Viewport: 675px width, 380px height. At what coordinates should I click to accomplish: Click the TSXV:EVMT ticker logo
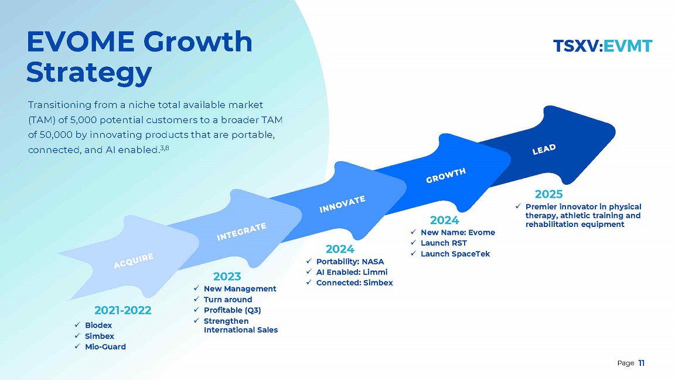click(602, 46)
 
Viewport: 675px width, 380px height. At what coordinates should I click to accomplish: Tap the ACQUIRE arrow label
click(134, 261)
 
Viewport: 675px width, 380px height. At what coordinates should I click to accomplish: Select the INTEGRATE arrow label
click(241, 232)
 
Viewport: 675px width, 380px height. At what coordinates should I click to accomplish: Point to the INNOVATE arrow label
click(342, 204)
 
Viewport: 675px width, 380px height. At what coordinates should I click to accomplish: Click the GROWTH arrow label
click(446, 175)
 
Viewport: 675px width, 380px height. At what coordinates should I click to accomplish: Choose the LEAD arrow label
click(544, 150)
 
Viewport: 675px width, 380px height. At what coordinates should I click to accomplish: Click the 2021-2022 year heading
click(122, 310)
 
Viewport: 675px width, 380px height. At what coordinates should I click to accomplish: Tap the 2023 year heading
click(227, 276)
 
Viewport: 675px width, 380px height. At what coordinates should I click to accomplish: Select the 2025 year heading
click(548, 194)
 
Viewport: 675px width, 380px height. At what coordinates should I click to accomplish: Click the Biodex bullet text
click(98, 325)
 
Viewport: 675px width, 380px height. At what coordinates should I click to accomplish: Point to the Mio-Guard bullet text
click(105, 347)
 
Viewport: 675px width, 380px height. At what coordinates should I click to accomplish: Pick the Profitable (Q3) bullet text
click(232, 310)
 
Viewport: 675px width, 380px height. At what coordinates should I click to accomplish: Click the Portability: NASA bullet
click(350, 262)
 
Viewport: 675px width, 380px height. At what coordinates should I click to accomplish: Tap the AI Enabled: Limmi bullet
click(352, 272)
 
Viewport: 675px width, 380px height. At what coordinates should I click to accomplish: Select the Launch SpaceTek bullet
click(455, 254)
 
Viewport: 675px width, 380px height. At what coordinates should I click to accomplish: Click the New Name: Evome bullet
click(458, 233)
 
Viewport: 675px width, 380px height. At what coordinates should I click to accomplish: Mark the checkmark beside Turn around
click(196, 299)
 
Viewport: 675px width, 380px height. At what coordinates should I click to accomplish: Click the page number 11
click(642, 363)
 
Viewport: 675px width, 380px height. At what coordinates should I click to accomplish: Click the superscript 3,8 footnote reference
click(165, 148)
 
